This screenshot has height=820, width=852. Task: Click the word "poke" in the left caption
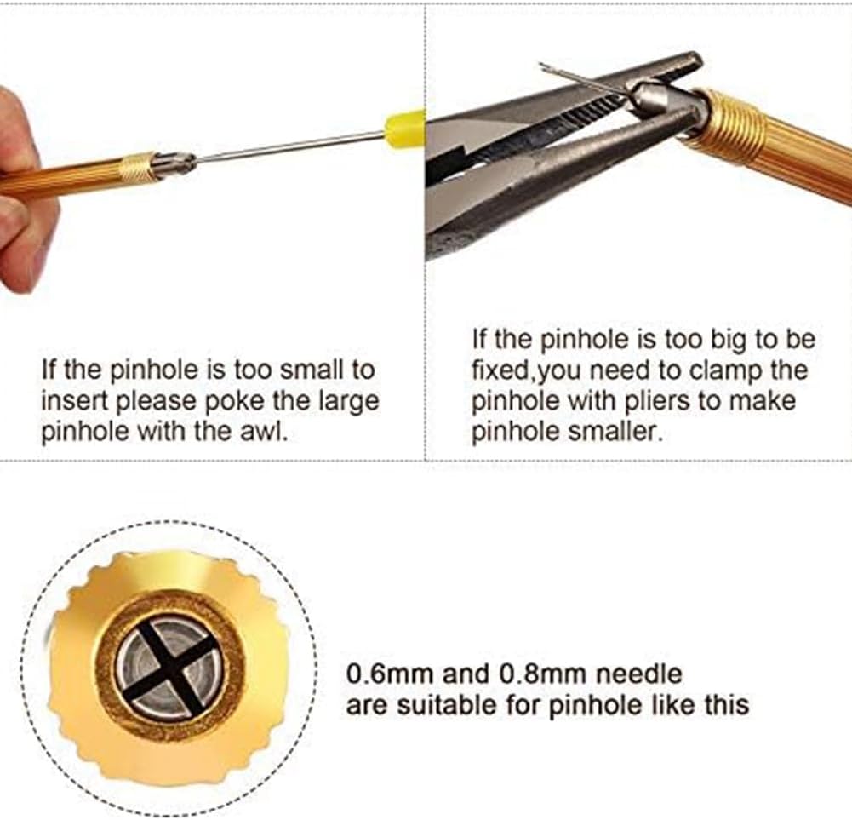(x=231, y=401)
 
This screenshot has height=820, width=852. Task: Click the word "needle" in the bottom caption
(x=639, y=674)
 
